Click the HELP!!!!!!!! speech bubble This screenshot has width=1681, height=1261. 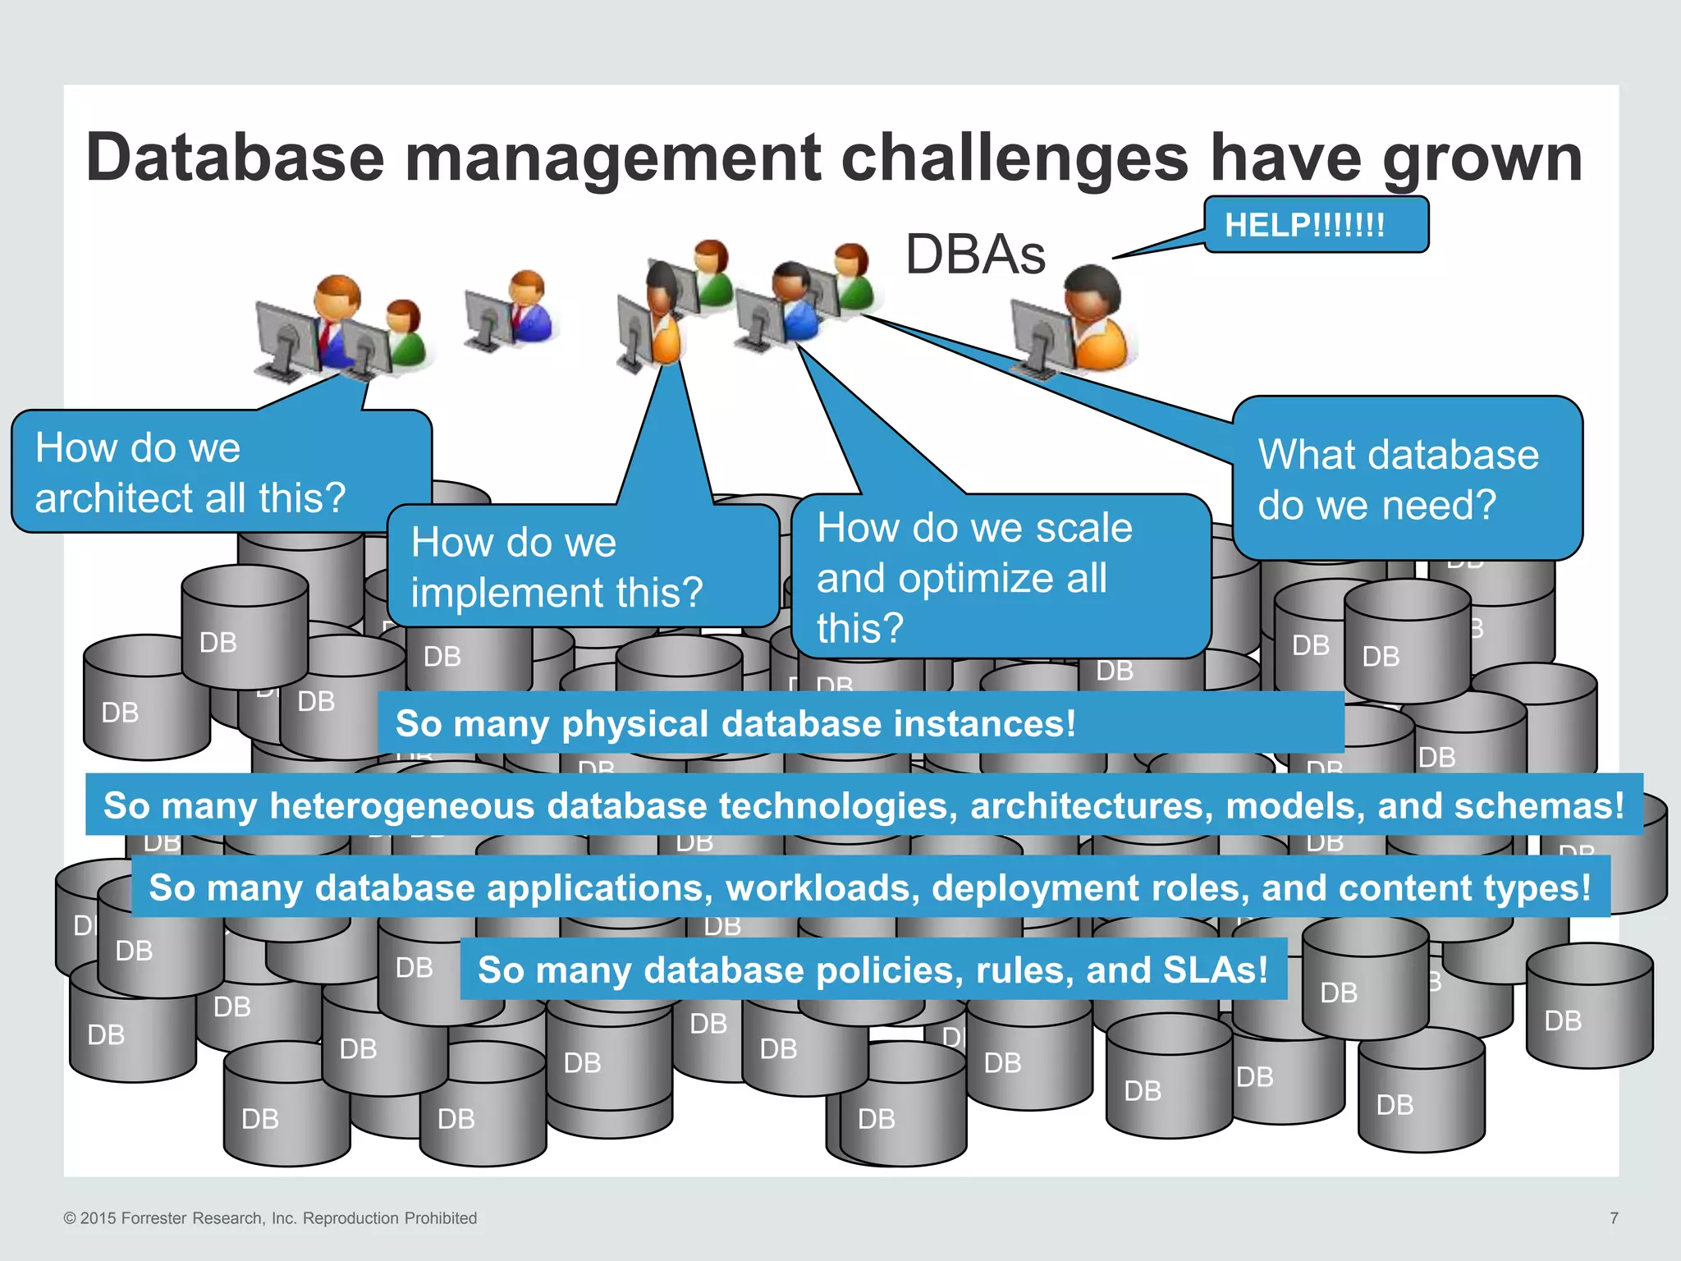click(1315, 224)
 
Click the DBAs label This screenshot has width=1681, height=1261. click(975, 254)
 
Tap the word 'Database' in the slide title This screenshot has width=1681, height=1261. click(235, 158)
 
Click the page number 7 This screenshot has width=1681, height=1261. click(1614, 1218)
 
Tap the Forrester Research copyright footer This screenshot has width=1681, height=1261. click(270, 1218)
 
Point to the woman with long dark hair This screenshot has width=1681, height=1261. click(662, 312)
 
